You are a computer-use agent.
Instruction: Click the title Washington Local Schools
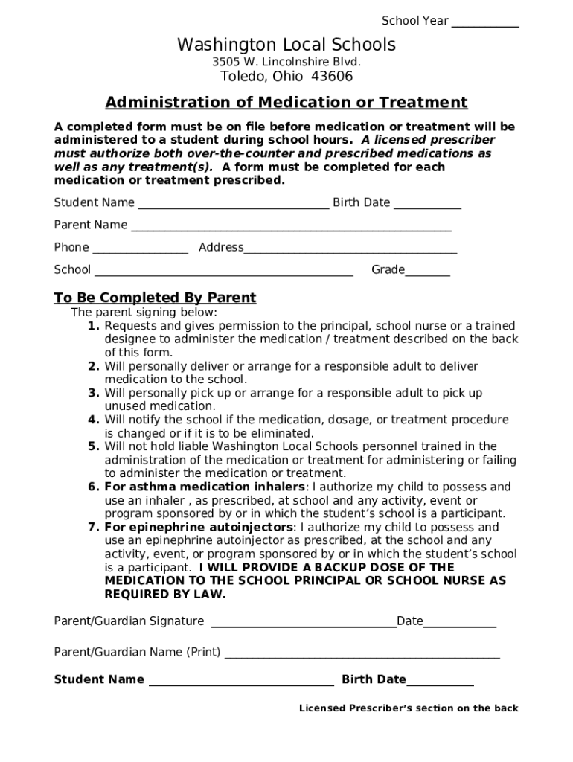[x=286, y=45]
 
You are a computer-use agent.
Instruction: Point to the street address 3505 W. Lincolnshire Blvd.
[x=286, y=62]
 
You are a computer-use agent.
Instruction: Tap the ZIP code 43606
[x=331, y=77]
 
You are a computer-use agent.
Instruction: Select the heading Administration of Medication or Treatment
[x=286, y=103]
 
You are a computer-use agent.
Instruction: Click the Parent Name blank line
[x=291, y=229]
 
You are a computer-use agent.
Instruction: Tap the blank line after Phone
[x=140, y=252]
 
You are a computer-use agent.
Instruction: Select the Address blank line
[x=350, y=252]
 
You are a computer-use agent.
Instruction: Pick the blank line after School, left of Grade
[x=223, y=274]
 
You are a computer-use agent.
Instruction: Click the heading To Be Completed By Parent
[x=155, y=298]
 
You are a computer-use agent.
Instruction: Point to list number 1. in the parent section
[x=94, y=326]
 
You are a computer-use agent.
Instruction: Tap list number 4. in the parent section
[x=94, y=420]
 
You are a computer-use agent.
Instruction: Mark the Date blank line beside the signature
[x=459, y=626]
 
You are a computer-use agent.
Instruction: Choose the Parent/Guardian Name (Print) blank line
[x=362, y=656]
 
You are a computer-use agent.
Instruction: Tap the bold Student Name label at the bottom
[x=99, y=679]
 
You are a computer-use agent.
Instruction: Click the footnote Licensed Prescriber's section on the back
[x=409, y=708]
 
